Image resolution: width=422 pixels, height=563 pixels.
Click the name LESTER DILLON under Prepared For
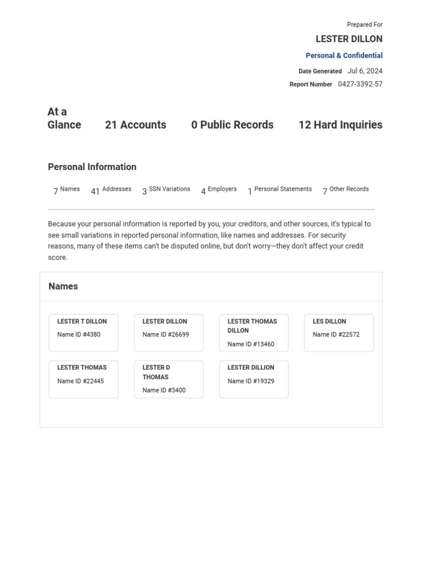coord(349,39)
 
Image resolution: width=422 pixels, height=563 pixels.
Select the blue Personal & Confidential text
coord(344,56)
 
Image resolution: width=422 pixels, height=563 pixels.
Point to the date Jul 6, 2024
coord(365,71)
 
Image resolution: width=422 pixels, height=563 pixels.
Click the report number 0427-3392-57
coord(360,84)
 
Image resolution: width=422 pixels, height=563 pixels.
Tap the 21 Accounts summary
coord(135,125)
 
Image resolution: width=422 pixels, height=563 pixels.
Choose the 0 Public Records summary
coord(232,125)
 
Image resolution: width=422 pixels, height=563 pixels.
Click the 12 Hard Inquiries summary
coord(340,125)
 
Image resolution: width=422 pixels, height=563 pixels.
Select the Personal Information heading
coord(92,167)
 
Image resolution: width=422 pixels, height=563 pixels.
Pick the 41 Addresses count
coord(111,190)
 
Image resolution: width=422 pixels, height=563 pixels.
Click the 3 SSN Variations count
coord(166,190)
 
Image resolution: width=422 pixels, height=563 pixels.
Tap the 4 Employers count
coord(219,190)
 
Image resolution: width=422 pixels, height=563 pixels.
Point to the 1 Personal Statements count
coord(280,190)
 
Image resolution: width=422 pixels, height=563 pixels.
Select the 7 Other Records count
coord(346,190)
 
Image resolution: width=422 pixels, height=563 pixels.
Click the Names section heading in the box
coord(63,286)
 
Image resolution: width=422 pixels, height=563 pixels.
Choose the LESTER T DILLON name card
coord(84,333)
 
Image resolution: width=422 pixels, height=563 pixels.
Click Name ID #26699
coord(165,334)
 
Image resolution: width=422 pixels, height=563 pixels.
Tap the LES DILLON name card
coord(338,333)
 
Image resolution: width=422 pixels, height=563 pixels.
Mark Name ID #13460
coord(251,344)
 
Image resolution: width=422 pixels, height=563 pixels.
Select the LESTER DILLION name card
coord(253,379)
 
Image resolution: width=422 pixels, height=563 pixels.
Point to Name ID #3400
coord(164,390)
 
